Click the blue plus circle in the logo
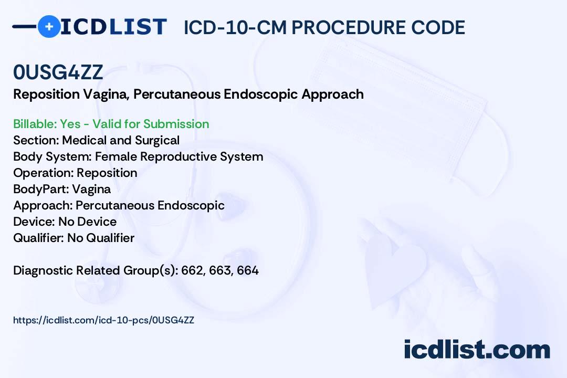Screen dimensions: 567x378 tap(49, 26)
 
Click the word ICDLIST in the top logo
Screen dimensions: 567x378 tap(113, 27)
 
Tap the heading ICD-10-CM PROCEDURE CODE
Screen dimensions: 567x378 tap(324, 27)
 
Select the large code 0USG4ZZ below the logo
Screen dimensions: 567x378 tap(58, 72)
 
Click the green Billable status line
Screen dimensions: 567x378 tap(111, 124)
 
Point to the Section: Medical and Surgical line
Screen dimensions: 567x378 tap(96, 140)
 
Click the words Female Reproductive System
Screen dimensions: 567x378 tap(179, 156)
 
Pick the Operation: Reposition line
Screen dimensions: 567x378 tap(75, 173)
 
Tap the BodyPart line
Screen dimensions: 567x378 tap(62, 189)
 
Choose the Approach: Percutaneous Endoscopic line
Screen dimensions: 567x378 tap(119, 205)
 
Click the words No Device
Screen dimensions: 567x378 tap(88, 222)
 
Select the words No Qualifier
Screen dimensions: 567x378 tap(101, 238)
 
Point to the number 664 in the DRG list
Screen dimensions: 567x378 tap(248, 270)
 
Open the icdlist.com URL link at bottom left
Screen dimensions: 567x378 tap(103, 320)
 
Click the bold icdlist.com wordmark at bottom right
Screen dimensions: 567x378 tap(477, 349)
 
